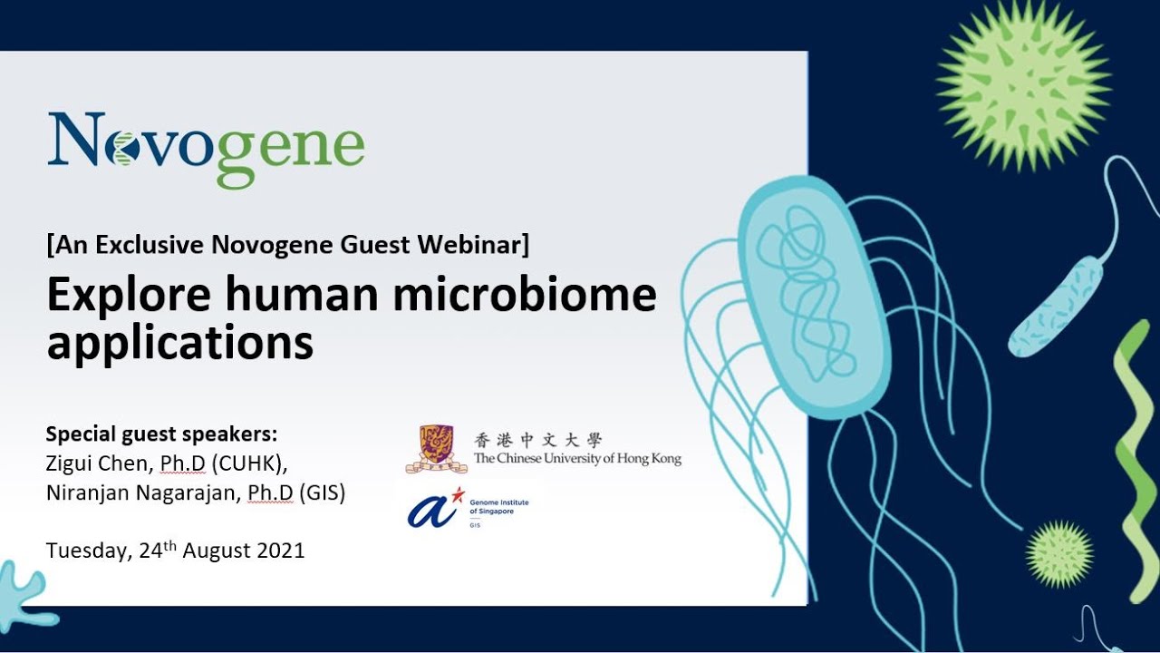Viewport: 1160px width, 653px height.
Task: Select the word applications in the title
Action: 179,344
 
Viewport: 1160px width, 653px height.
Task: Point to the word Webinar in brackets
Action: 477,245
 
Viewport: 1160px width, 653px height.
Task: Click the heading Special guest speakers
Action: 161,432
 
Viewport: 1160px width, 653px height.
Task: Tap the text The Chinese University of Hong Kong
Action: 577,458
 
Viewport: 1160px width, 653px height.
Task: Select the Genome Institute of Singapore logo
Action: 467,508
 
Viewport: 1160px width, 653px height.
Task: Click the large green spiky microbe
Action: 1023,84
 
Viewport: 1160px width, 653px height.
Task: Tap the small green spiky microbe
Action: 1059,553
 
